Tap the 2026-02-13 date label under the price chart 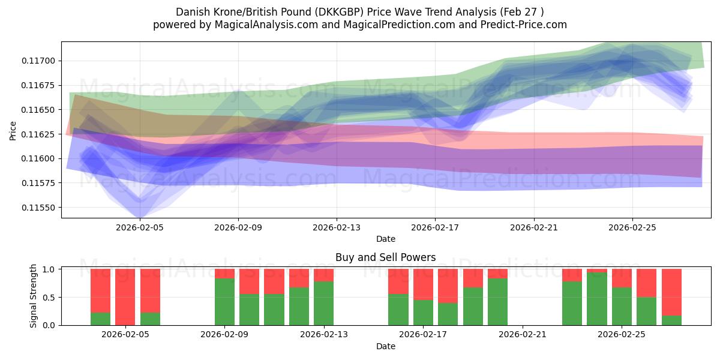click(337, 227)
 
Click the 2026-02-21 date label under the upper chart click(534, 227)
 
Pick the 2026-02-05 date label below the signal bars click(125, 335)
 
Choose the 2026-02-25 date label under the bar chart click(622, 335)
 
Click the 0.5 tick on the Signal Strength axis click(49, 298)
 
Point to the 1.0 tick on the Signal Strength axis click(49, 269)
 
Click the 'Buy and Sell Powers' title click(386, 257)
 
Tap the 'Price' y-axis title click(13, 131)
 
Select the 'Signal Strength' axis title click(33, 296)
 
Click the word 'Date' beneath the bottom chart click(386, 347)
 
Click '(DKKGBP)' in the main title click(339, 12)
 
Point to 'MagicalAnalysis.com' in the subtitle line click(266, 25)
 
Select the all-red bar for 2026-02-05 click(125, 297)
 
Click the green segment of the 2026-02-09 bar click(224, 302)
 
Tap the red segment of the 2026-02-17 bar click(424, 284)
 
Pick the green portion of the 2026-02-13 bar click(323, 304)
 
